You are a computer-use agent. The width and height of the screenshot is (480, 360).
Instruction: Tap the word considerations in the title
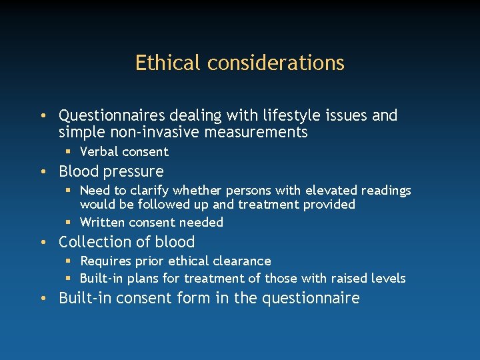point(276,63)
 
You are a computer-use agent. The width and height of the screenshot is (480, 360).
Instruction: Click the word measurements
point(257,132)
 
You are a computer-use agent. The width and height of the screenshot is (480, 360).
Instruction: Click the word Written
point(102,222)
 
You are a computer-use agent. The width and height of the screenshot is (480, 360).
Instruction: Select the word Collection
point(93,242)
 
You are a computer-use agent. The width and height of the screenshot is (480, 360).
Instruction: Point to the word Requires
point(105,261)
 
